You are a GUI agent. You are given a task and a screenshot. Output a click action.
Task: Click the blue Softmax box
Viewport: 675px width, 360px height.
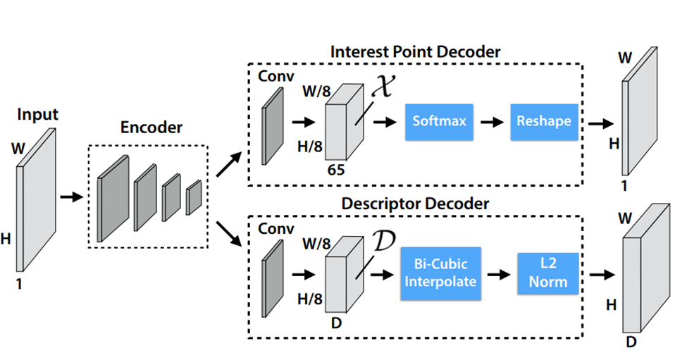click(x=439, y=121)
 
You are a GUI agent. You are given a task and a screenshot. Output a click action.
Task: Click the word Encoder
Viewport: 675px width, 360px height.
click(x=149, y=128)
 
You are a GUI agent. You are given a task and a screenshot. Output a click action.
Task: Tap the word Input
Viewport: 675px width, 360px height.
click(x=37, y=114)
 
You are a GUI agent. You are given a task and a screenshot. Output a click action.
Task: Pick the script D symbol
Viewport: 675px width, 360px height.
click(x=383, y=244)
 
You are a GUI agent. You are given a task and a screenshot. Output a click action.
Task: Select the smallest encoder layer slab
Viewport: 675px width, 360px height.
click(x=194, y=197)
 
